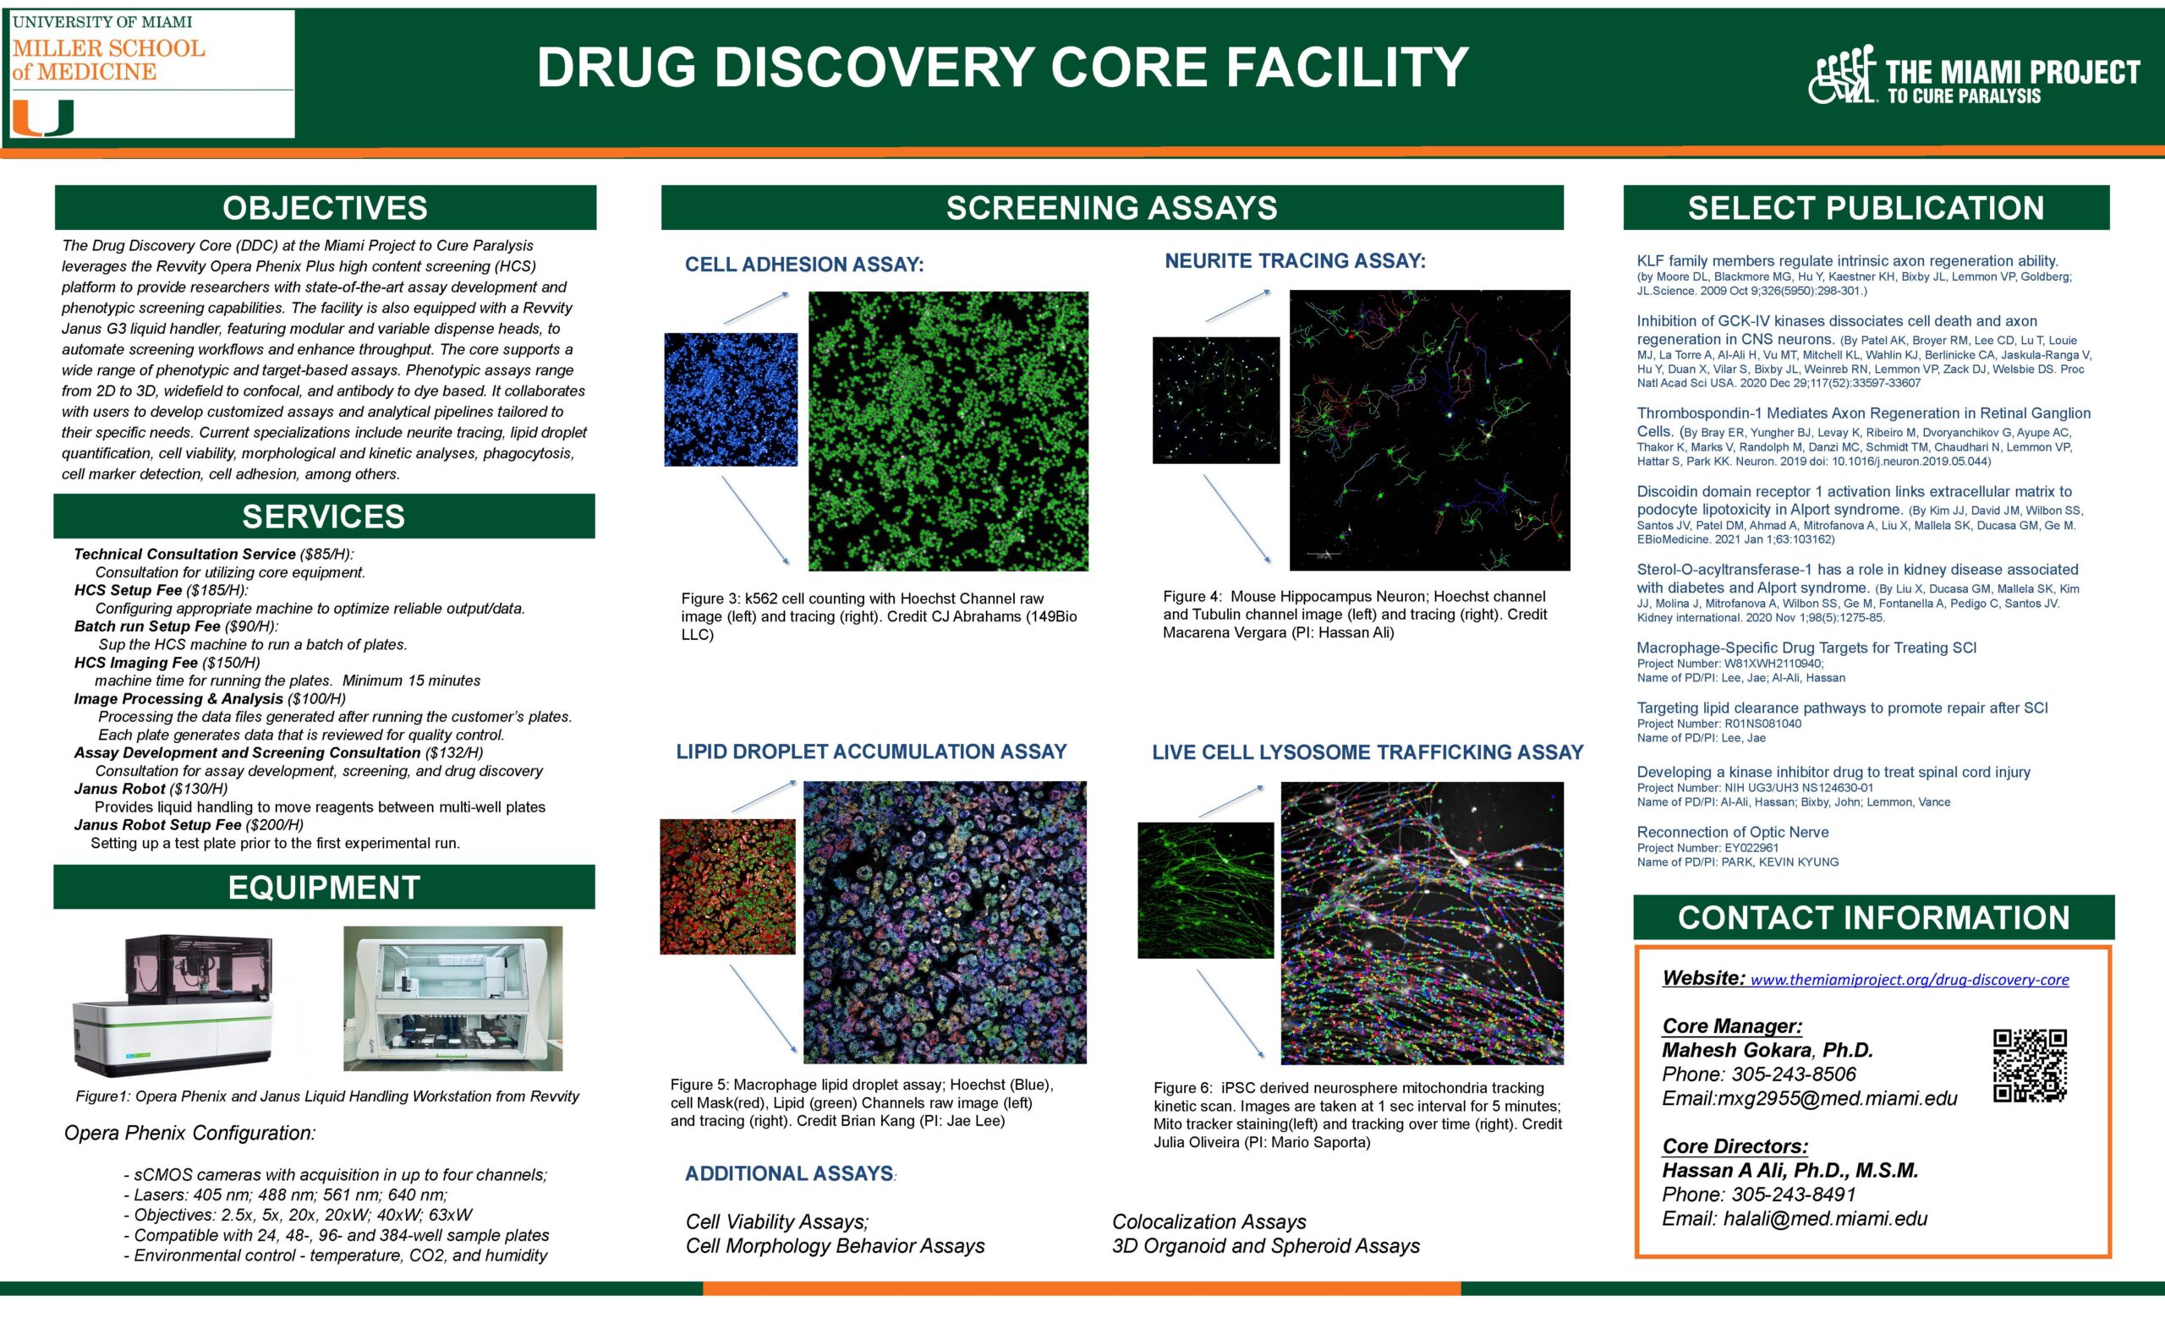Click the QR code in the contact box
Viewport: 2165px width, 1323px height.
2029,1064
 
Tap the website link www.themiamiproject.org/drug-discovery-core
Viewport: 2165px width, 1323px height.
1909,980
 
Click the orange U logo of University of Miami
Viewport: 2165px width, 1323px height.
42,118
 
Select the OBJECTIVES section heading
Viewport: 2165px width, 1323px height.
325,207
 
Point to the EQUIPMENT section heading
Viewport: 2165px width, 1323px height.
323,888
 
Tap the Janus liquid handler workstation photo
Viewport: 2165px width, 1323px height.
452,998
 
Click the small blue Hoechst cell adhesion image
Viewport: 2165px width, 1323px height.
730,399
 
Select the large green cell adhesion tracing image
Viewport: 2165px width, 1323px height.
947,430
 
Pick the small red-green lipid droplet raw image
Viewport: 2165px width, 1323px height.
727,887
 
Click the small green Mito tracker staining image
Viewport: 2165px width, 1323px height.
1204,890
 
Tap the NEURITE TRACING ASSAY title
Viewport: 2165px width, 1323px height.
1294,261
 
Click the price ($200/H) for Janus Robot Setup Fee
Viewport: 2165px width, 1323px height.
274,825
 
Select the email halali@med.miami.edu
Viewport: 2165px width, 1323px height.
1825,1218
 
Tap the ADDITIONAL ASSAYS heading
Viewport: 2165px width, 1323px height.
788,1173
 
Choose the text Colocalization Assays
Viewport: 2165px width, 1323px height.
1209,1222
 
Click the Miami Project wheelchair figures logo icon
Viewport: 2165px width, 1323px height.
1843,74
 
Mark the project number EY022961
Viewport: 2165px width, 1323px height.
1751,848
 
